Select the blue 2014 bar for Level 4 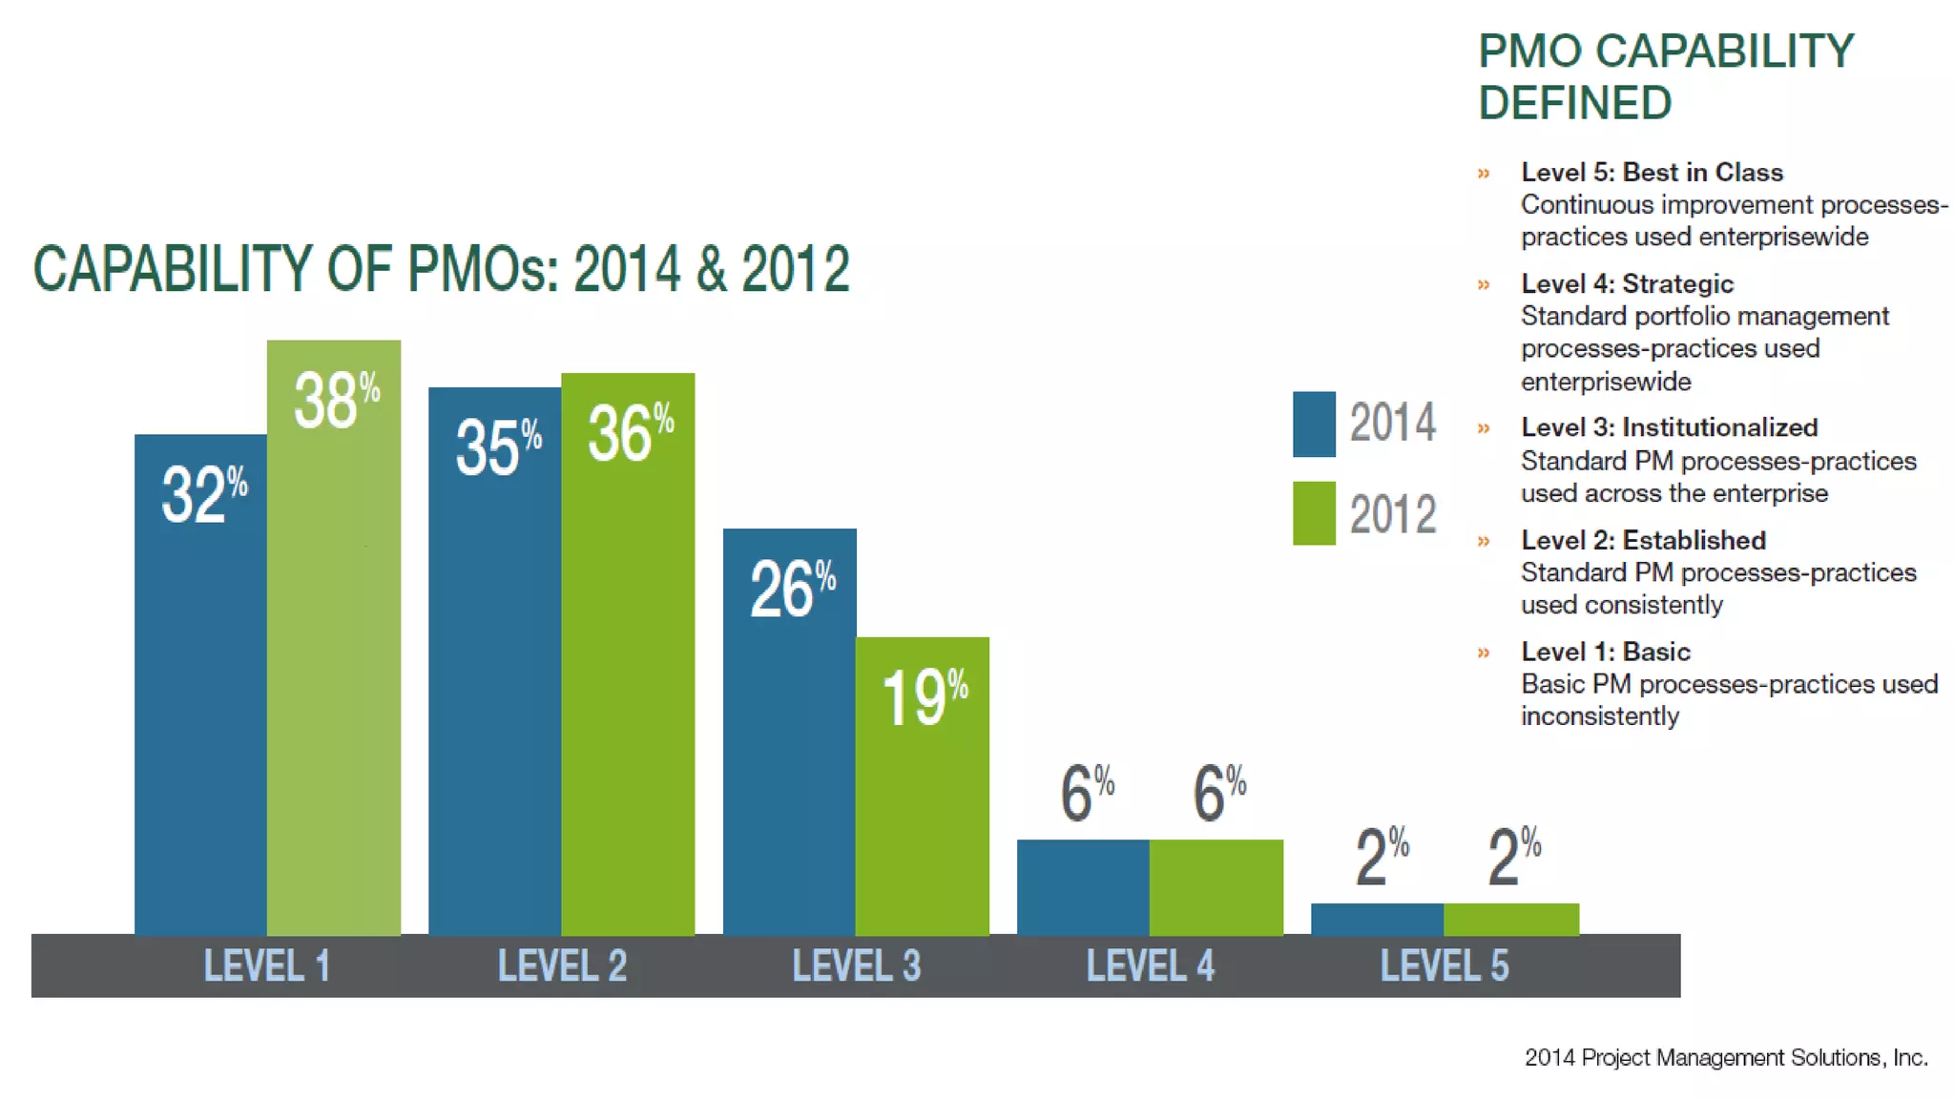point(1083,886)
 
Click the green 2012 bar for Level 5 point(1511,919)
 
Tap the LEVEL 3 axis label point(856,965)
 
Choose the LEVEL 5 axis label point(1445,965)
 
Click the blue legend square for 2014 point(1314,425)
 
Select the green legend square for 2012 point(1314,513)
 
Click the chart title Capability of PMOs point(441,269)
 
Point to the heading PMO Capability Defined point(1665,76)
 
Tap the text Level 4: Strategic point(1627,283)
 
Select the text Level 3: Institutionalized point(1669,427)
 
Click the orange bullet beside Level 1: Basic point(1484,653)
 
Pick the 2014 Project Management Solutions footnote point(1725,1057)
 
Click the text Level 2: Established point(1643,540)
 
